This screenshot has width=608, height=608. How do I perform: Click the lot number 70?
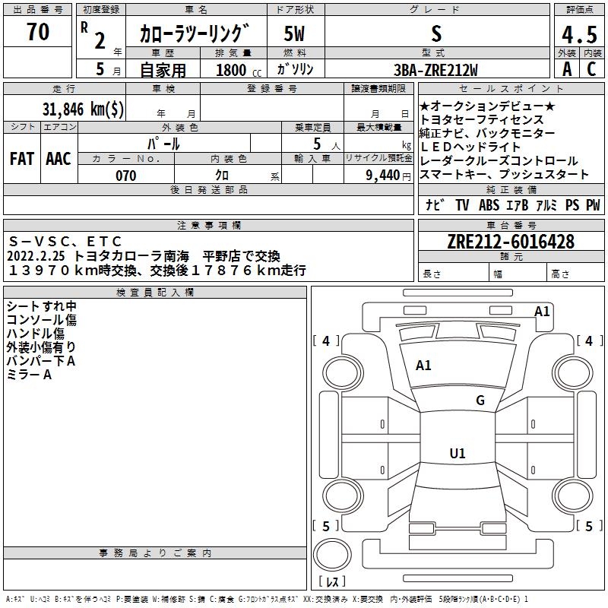coord(38,32)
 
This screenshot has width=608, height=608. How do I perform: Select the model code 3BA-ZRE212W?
coord(435,70)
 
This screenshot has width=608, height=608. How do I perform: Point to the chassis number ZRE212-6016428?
coord(511,242)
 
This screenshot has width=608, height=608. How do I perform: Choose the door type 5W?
coord(295,33)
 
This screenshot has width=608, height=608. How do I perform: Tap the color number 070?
coord(125,176)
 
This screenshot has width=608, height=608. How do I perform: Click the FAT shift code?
coord(22,158)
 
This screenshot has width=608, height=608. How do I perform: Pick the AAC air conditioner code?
coord(59,158)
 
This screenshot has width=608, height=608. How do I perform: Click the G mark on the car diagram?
coord(480,401)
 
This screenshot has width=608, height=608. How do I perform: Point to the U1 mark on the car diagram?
coord(457,454)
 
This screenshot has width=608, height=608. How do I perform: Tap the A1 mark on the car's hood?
coord(423,366)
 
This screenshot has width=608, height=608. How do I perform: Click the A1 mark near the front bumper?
coord(542,311)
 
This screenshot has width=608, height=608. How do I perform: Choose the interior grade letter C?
coord(591,69)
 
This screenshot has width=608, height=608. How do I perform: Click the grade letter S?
coord(435,33)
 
